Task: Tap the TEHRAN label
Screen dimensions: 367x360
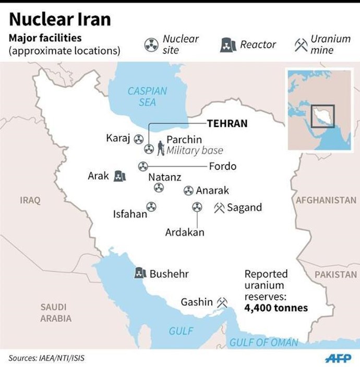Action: coord(227,124)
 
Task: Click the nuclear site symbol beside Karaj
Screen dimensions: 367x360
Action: coord(138,139)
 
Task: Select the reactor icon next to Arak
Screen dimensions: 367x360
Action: coord(119,176)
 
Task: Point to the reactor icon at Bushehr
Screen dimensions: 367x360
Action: coord(140,273)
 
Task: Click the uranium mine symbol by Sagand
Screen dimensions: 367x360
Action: coord(219,208)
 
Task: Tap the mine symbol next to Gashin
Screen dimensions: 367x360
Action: coord(222,302)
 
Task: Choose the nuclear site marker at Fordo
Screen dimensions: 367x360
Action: coord(142,167)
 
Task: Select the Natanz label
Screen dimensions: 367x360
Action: coord(165,177)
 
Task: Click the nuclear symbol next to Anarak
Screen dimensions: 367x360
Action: coord(189,191)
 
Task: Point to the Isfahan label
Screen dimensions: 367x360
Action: coord(130,214)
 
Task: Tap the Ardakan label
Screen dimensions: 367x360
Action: coord(185,232)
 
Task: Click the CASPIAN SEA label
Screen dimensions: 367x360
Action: coord(147,96)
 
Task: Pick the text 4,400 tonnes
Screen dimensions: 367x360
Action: coord(276,308)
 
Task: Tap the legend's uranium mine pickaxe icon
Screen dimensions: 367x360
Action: coord(300,45)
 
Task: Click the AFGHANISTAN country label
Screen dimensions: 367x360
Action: coord(326,200)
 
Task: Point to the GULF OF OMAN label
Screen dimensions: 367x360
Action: coord(264,342)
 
